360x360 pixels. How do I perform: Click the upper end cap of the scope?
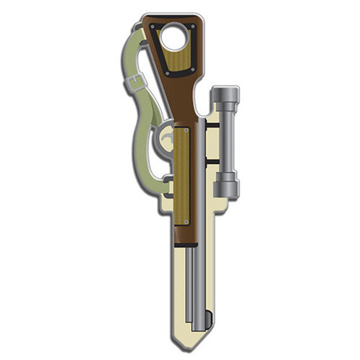(x=225, y=96)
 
